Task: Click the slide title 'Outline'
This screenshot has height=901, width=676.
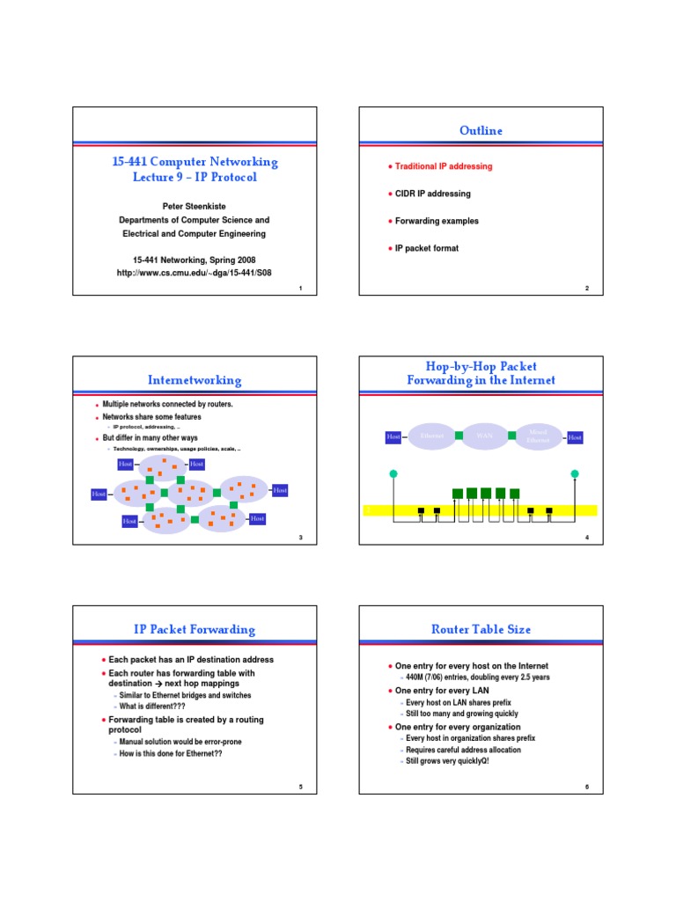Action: pos(481,131)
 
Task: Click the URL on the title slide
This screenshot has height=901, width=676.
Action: pos(195,273)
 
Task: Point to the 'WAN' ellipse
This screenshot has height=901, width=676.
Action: pos(484,436)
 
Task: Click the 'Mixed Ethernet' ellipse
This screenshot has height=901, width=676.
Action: pos(538,436)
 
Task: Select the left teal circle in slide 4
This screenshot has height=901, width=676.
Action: pos(393,474)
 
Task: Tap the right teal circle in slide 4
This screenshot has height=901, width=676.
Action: pos(575,474)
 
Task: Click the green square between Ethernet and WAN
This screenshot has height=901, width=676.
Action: pos(459,436)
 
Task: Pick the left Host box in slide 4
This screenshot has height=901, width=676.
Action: pos(393,436)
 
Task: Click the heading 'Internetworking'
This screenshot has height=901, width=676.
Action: pos(195,380)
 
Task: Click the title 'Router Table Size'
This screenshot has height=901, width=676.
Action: pos(481,629)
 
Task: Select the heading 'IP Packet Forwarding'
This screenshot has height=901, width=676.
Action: pos(195,629)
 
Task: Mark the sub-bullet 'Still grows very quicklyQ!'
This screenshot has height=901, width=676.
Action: pos(447,760)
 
